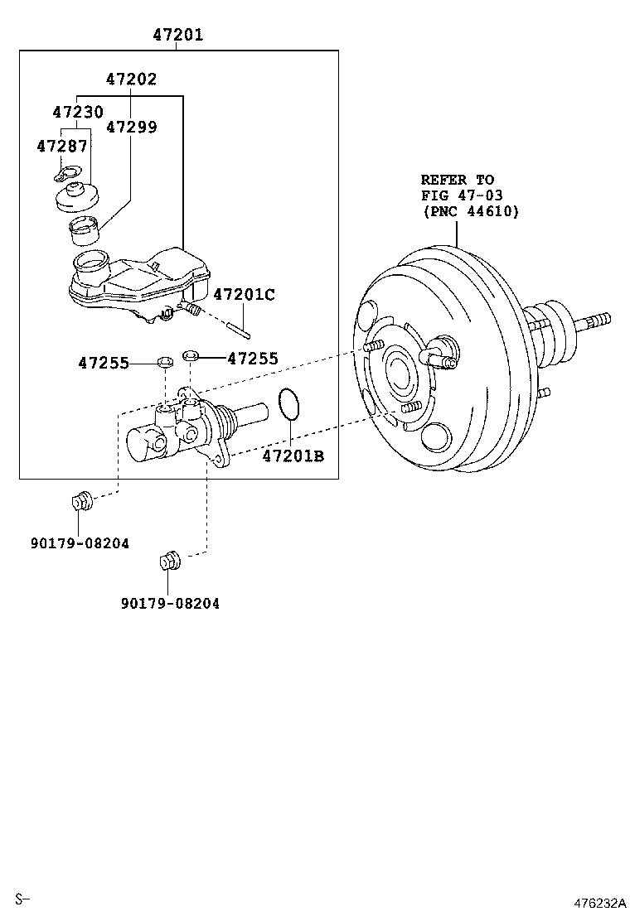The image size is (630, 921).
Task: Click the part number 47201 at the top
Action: click(x=177, y=36)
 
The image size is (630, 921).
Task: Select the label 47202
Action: click(x=131, y=80)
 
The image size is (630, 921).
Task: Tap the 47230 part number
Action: click(x=78, y=112)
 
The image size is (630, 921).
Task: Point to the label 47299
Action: click(x=131, y=127)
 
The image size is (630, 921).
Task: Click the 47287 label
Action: click(x=61, y=146)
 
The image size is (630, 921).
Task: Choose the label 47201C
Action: click(x=244, y=295)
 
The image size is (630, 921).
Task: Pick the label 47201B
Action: click(x=293, y=456)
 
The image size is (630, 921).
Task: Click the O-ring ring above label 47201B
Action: click(x=288, y=404)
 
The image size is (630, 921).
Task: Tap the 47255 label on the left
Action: click(x=104, y=363)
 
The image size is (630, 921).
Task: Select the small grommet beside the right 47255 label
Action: click(x=191, y=356)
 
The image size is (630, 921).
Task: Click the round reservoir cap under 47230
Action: click(x=76, y=198)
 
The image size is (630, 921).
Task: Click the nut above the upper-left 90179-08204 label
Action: click(x=80, y=501)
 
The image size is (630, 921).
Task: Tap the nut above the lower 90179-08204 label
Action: click(x=169, y=561)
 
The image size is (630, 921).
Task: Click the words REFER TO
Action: click(x=457, y=180)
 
